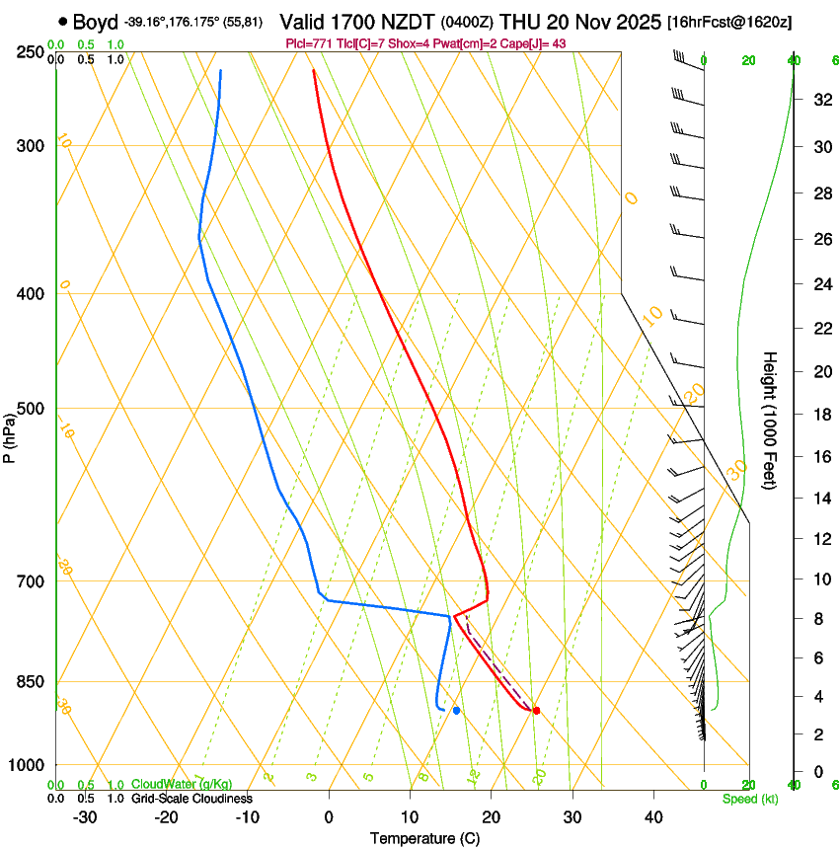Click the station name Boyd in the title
(x=95, y=22)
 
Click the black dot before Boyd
(x=63, y=21)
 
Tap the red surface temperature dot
(x=536, y=711)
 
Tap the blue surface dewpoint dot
(x=456, y=711)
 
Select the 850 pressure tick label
(x=31, y=682)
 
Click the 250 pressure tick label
(x=31, y=52)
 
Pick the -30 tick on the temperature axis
(x=85, y=817)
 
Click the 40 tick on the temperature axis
(x=652, y=817)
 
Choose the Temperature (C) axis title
(x=424, y=838)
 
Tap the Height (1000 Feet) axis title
(x=771, y=421)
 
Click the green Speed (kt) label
(x=749, y=799)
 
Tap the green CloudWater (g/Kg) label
(x=181, y=784)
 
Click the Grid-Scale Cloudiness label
(x=191, y=798)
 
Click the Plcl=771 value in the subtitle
(x=306, y=43)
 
